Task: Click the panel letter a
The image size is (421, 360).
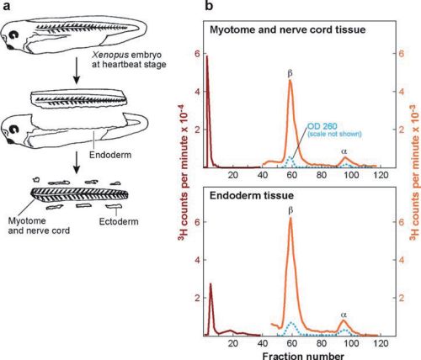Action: pos(7,5)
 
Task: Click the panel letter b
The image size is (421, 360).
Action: pos(209,5)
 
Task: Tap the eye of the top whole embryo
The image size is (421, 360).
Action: pos(13,34)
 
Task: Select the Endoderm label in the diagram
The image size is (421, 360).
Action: pos(110,155)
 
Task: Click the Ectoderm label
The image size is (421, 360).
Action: pos(119,221)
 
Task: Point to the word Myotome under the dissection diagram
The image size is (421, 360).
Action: pos(27,220)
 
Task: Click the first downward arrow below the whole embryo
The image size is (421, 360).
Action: pos(77,75)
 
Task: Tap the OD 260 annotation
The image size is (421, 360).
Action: pos(322,126)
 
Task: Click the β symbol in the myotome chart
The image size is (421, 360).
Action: pos(290,73)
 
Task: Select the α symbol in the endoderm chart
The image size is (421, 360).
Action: pos(344,315)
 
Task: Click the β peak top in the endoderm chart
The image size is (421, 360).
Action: pos(290,218)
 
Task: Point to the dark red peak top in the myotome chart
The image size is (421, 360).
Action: pos(207,56)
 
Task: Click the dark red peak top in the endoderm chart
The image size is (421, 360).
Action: pos(210,283)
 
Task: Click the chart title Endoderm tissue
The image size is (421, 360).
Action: pos(252,195)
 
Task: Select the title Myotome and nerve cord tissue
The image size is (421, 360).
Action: pos(288,29)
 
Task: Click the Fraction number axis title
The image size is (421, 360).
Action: pos(303,356)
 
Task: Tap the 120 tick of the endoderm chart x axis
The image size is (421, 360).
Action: pos(381,343)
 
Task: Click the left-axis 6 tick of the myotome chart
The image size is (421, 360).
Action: pos(198,54)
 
